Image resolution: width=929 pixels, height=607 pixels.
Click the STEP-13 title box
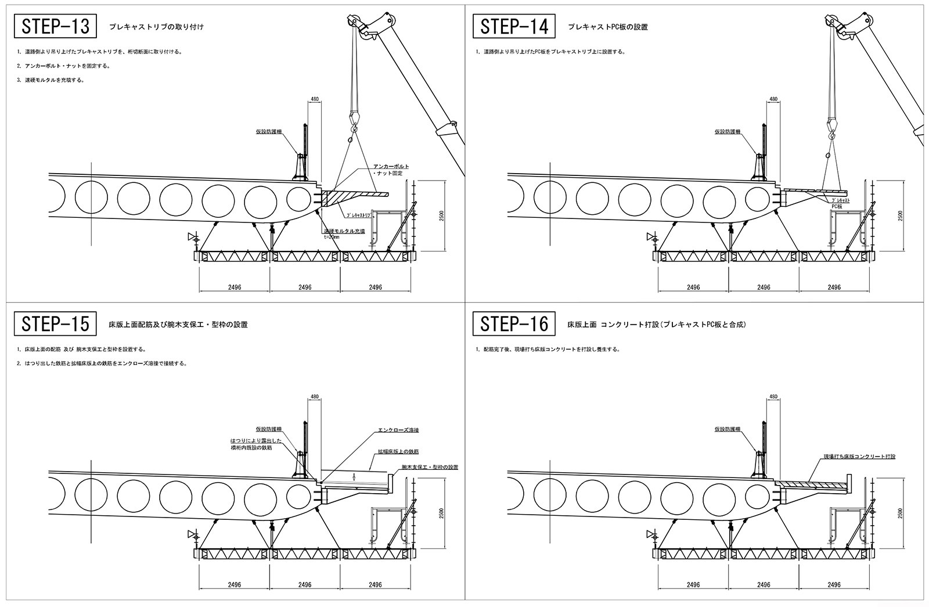[56, 26]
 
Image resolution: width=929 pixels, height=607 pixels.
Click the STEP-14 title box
[514, 26]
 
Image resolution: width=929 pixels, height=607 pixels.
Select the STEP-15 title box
[56, 324]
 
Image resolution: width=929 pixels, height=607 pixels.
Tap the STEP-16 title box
[514, 324]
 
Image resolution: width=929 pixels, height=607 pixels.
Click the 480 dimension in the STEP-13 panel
[315, 99]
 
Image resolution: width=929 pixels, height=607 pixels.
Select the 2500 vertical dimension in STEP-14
[899, 215]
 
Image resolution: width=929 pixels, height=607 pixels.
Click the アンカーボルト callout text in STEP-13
[391, 167]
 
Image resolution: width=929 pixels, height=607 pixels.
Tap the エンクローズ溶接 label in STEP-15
[398, 430]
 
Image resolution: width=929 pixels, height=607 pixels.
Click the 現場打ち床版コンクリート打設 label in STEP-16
[859, 457]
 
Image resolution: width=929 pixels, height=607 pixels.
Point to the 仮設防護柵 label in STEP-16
[727, 429]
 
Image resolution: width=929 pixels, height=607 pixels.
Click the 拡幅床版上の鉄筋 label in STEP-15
[398, 451]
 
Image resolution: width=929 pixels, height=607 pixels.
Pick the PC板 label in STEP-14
[837, 206]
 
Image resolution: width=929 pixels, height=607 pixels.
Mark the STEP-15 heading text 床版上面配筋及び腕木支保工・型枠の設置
[178, 324]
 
